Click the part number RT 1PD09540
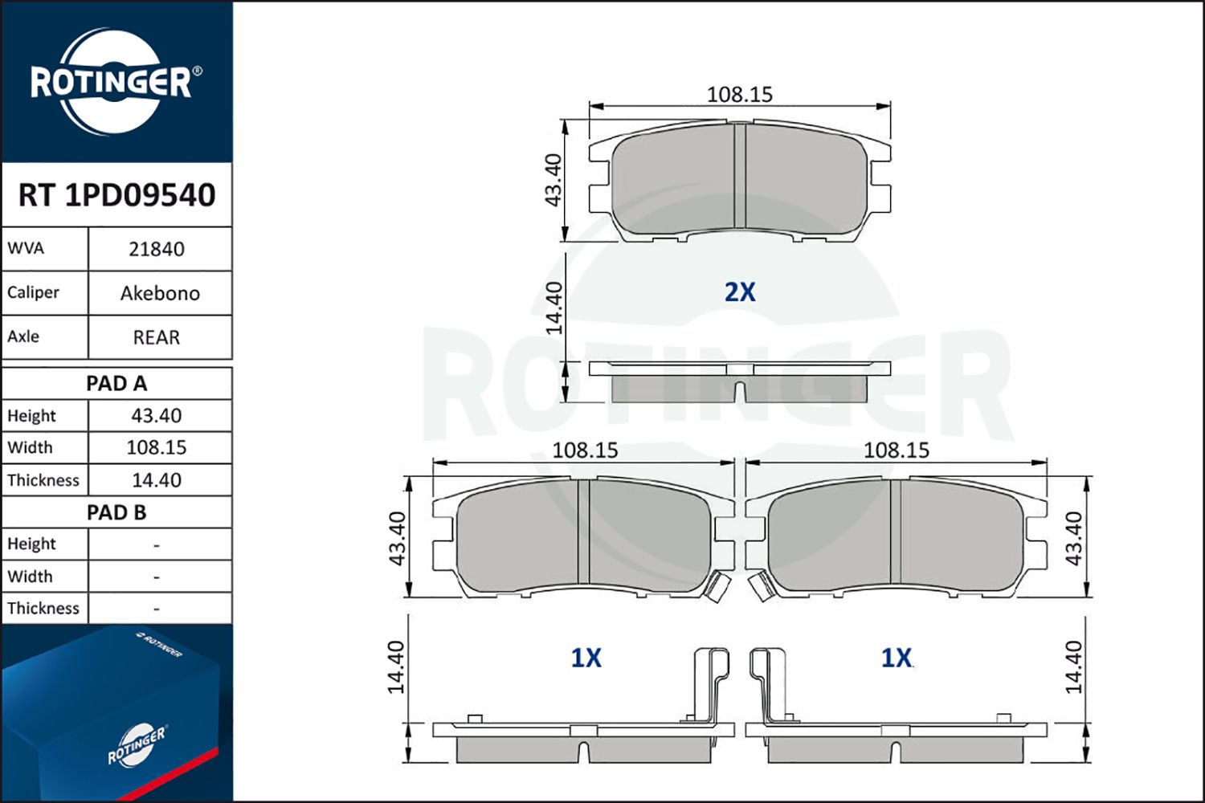click(x=116, y=195)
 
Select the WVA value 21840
click(x=157, y=249)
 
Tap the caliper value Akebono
click(x=160, y=293)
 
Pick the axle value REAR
click(x=157, y=337)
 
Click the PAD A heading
click(x=116, y=384)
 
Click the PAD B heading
click(x=116, y=512)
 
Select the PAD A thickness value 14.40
click(x=157, y=480)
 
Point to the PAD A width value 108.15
click(x=157, y=447)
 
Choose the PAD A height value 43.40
click(x=157, y=416)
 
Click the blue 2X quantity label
click(x=740, y=292)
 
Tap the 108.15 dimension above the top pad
click(x=739, y=94)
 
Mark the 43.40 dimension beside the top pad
click(x=553, y=180)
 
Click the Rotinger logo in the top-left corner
click(x=112, y=82)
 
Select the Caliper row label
click(x=33, y=292)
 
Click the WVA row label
click(x=26, y=248)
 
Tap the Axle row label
click(x=23, y=336)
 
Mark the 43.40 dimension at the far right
click(x=1073, y=538)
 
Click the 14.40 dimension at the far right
click(x=1073, y=667)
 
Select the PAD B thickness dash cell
click(x=157, y=609)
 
